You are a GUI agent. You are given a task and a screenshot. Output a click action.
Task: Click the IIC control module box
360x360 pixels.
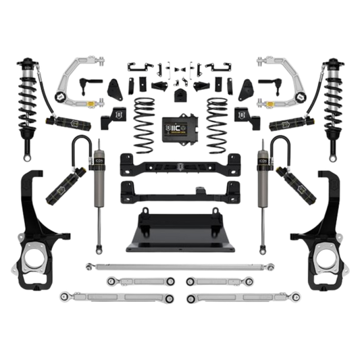tap(180, 130)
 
